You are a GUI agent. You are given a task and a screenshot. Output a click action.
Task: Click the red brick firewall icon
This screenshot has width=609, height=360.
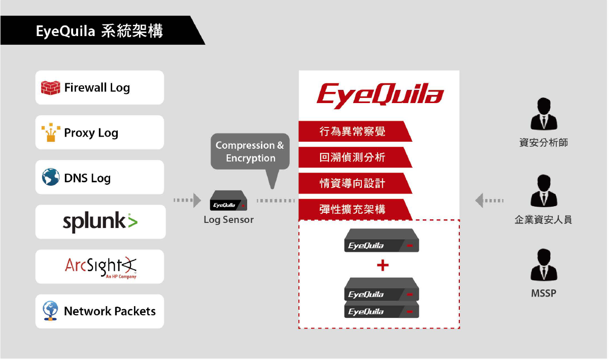pyautogui.click(x=51, y=88)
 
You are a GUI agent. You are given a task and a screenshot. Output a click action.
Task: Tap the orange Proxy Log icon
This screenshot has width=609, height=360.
pyautogui.click(x=51, y=133)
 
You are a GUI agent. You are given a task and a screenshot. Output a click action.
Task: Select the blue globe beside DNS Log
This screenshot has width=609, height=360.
pyautogui.click(x=51, y=177)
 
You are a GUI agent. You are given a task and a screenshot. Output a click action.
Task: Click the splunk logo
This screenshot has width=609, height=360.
pyautogui.click(x=100, y=222)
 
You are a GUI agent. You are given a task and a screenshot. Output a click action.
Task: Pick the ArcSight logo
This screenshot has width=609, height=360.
pyautogui.click(x=100, y=267)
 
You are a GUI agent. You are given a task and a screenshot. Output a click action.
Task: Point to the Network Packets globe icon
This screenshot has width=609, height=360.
pyautogui.click(x=50, y=311)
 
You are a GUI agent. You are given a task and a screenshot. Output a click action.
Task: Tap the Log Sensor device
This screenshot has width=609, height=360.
pyautogui.click(x=228, y=201)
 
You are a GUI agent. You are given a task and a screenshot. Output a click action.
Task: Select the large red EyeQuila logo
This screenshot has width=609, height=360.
pyautogui.click(x=380, y=95)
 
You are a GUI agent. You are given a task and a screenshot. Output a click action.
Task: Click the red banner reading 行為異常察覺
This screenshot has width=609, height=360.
pyautogui.click(x=355, y=132)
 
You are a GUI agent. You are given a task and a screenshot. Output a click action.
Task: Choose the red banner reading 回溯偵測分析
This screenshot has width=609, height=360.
pyautogui.click(x=355, y=157)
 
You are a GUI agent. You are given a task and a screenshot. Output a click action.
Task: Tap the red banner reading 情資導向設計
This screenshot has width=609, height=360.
pyautogui.click(x=355, y=183)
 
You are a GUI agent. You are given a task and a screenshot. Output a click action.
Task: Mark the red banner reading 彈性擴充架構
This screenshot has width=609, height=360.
pyautogui.click(x=355, y=209)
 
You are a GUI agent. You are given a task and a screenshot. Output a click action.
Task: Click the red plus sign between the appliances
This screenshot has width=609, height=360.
pyautogui.click(x=383, y=266)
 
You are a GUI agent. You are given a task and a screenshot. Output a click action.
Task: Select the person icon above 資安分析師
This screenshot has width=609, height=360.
pyautogui.click(x=544, y=114)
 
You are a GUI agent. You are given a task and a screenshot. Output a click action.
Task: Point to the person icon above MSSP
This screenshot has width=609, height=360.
pyautogui.click(x=544, y=265)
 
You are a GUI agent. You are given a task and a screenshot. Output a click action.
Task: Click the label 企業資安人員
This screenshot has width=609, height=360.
pyautogui.click(x=543, y=219)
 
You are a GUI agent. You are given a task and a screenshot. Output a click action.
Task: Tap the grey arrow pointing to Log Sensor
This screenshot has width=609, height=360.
pyautogui.click(x=187, y=200)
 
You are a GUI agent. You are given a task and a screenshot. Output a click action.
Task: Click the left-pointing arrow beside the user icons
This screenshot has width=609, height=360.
pyautogui.click(x=489, y=201)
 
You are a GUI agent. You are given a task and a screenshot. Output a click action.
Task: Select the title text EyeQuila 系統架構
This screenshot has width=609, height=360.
pyautogui.click(x=99, y=31)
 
